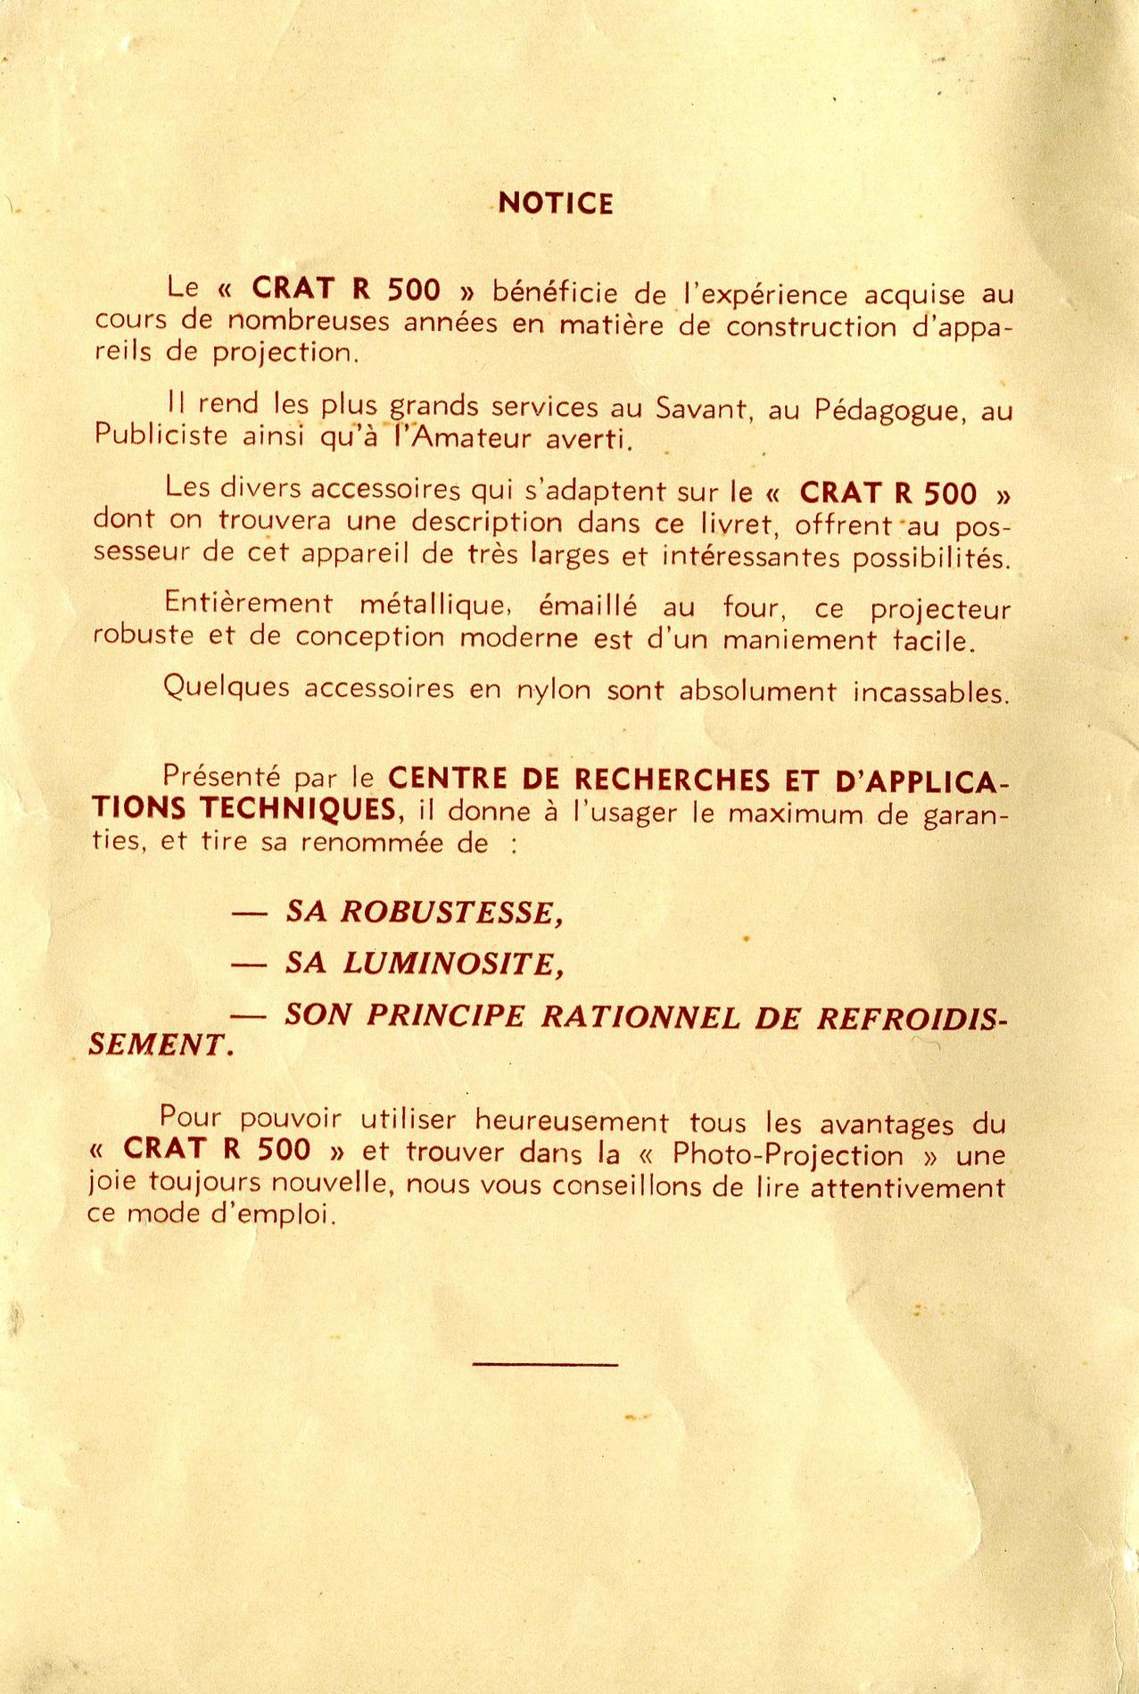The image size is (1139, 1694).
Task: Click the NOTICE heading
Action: tap(556, 203)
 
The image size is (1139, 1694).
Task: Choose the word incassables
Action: tap(931, 692)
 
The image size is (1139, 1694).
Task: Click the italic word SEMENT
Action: tap(163, 1045)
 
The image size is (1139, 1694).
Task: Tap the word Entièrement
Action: tap(249, 603)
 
